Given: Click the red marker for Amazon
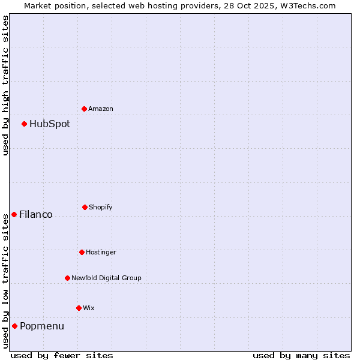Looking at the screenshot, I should [x=84, y=109].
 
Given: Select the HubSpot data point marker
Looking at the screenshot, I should [x=24, y=124].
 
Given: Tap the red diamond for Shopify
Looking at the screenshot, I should [x=85, y=207].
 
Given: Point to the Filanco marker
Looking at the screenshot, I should [x=14, y=214].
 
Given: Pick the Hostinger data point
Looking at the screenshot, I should [x=82, y=252].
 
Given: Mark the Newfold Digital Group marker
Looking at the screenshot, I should [x=67, y=278].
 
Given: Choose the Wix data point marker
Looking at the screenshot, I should [x=79, y=308].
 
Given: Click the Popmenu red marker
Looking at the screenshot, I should [x=14, y=326].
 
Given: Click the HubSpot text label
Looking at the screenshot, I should [x=50, y=124].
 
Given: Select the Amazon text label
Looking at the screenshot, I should [x=101, y=109].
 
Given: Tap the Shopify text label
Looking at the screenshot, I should [x=101, y=208].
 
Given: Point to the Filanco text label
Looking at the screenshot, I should [x=36, y=215].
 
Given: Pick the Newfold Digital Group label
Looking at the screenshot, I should [x=107, y=278].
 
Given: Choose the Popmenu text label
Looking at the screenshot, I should [x=42, y=326].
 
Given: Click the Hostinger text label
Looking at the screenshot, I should [x=101, y=253].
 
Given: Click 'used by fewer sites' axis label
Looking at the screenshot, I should [x=62, y=355].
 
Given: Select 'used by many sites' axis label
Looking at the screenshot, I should [x=301, y=355].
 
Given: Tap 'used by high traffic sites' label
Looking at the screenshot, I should [x=5, y=85].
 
